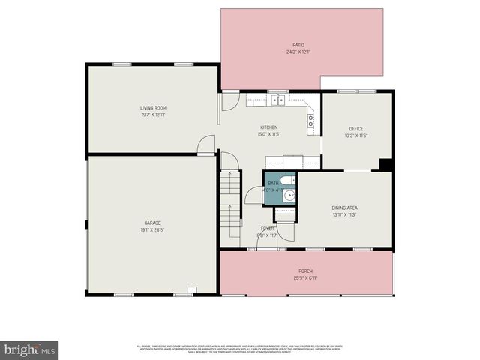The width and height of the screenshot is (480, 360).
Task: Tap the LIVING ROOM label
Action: point(153,107)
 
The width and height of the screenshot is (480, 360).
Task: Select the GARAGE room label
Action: point(153,223)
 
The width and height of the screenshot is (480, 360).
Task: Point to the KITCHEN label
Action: point(269,127)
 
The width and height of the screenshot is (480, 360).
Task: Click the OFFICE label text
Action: point(356,129)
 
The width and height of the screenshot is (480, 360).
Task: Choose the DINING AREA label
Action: point(344,208)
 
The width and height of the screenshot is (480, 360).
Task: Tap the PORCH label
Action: point(305,271)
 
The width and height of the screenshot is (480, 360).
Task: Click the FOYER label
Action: point(268,228)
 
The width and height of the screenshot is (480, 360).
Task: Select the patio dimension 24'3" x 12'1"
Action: point(298,52)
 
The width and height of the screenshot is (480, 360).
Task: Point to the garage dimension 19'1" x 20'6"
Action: point(153,229)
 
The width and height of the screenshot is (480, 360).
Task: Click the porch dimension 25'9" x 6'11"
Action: point(305,277)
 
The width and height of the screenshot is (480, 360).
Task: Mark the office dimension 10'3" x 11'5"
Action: point(356,136)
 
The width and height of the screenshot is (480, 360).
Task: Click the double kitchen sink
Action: point(277,99)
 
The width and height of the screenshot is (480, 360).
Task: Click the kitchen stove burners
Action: point(310,118)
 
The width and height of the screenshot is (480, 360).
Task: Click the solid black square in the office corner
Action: point(385,165)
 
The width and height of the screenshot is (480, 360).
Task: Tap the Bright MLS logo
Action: point(29,349)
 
